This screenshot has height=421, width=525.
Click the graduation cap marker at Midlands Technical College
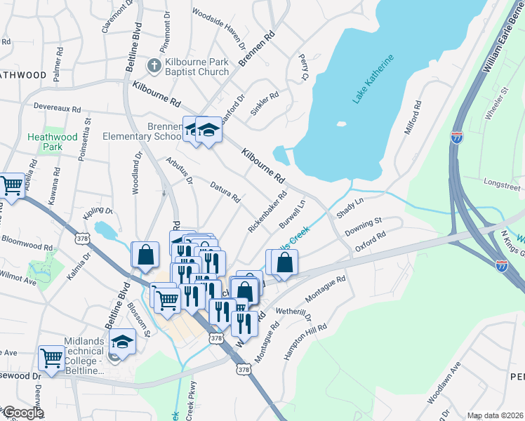point(122,342)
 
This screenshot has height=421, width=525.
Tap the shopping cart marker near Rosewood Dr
point(52,358)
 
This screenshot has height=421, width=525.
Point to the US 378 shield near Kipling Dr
point(82,237)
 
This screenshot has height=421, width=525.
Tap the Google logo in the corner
point(22,413)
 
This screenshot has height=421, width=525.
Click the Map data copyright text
point(495,415)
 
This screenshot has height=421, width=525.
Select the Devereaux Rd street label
point(58,109)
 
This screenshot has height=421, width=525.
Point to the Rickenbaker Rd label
point(267,213)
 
